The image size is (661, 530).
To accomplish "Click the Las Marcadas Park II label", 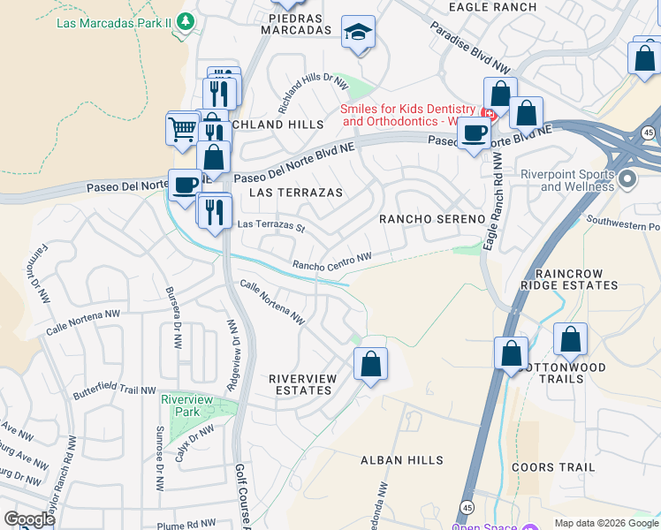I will pyautogui.click(x=114, y=23).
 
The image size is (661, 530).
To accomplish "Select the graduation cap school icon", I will pyautogui.click(x=358, y=33).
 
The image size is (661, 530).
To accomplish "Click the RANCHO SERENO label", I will pyautogui.click(x=432, y=218).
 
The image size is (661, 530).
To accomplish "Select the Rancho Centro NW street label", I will pyautogui.click(x=331, y=261).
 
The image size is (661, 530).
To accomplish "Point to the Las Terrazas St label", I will pyautogui.click(x=271, y=225).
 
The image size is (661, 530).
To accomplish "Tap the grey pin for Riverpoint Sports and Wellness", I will pyautogui.click(x=628, y=179).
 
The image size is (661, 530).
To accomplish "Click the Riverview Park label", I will pyautogui.click(x=186, y=405).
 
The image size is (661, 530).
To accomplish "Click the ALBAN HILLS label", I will pyautogui.click(x=401, y=460).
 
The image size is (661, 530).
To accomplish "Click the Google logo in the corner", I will pyautogui.click(x=28, y=519).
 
